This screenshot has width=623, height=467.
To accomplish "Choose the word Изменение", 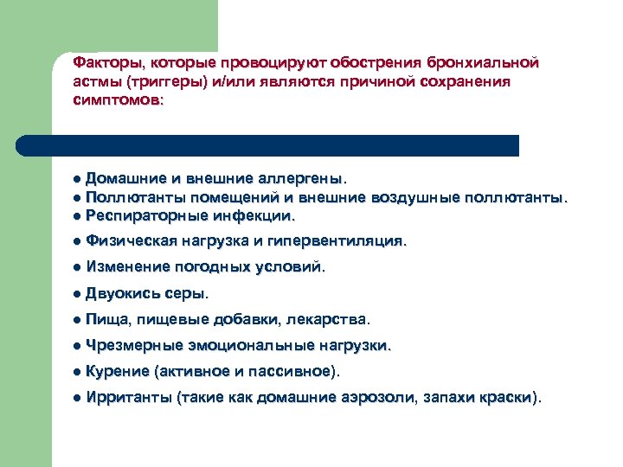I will pos(128,267).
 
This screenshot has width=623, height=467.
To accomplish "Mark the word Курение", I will pos(117,371).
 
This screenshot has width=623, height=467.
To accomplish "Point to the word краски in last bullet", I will pos(506,398).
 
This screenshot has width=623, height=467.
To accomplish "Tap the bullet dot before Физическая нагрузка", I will pos(77,241).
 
